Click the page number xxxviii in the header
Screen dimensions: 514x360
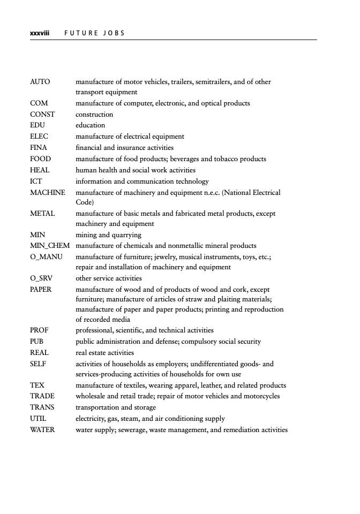(39, 33)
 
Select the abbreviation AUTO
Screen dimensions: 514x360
(40, 82)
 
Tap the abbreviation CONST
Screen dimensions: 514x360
(43, 115)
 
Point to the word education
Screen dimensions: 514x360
(91, 125)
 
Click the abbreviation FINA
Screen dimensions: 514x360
(39, 147)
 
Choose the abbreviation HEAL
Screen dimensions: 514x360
(40, 170)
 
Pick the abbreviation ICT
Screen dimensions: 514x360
(36, 181)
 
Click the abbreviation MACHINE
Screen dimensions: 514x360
(48, 192)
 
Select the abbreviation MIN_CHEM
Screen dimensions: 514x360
(50, 246)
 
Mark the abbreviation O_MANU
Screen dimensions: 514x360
(47, 257)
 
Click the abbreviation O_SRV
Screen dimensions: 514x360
(41, 278)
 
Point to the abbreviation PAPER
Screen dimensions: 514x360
(41, 289)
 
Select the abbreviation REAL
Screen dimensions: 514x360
(40, 353)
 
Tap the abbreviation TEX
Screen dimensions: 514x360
(37, 385)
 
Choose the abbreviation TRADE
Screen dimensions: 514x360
(42, 396)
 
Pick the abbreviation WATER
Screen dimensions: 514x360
(43, 429)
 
